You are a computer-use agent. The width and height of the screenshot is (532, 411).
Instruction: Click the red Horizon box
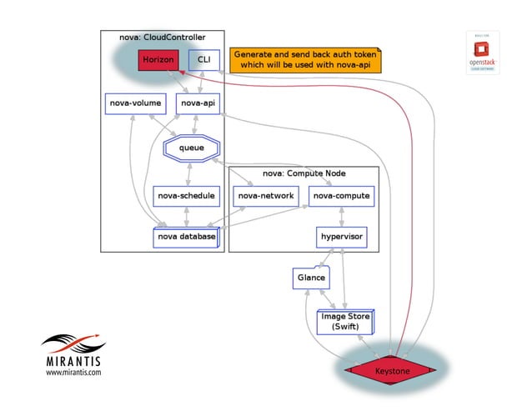[158, 61]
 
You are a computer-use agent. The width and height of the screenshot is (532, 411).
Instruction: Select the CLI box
[203, 61]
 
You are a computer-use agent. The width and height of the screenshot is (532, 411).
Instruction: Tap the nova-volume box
[135, 103]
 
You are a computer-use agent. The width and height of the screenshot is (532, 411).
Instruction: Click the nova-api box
[198, 103]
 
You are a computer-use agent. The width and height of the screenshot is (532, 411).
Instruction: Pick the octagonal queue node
[191, 148]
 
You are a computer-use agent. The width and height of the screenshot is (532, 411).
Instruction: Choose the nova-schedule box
[186, 196]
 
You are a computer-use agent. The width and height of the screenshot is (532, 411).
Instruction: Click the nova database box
[186, 237]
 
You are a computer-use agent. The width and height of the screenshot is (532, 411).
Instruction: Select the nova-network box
[265, 196]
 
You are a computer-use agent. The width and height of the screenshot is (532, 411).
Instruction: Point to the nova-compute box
[340, 196]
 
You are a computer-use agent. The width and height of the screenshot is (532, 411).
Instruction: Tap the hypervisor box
[340, 237]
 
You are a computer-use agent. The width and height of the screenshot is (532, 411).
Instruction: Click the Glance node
[310, 278]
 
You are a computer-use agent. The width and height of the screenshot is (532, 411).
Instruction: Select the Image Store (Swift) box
[345, 322]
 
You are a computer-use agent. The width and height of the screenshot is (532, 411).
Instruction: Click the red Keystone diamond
[391, 370]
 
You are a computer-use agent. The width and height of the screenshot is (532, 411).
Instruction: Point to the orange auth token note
[304, 59]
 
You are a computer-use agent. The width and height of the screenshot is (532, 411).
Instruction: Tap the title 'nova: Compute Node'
[304, 173]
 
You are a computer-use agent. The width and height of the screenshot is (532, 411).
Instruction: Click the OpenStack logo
[483, 54]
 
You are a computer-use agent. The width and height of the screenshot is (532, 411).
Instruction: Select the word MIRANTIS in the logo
[73, 361]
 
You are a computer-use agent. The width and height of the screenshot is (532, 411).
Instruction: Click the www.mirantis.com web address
[73, 373]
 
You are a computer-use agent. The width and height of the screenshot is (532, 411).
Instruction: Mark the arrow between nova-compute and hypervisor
[340, 216]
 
